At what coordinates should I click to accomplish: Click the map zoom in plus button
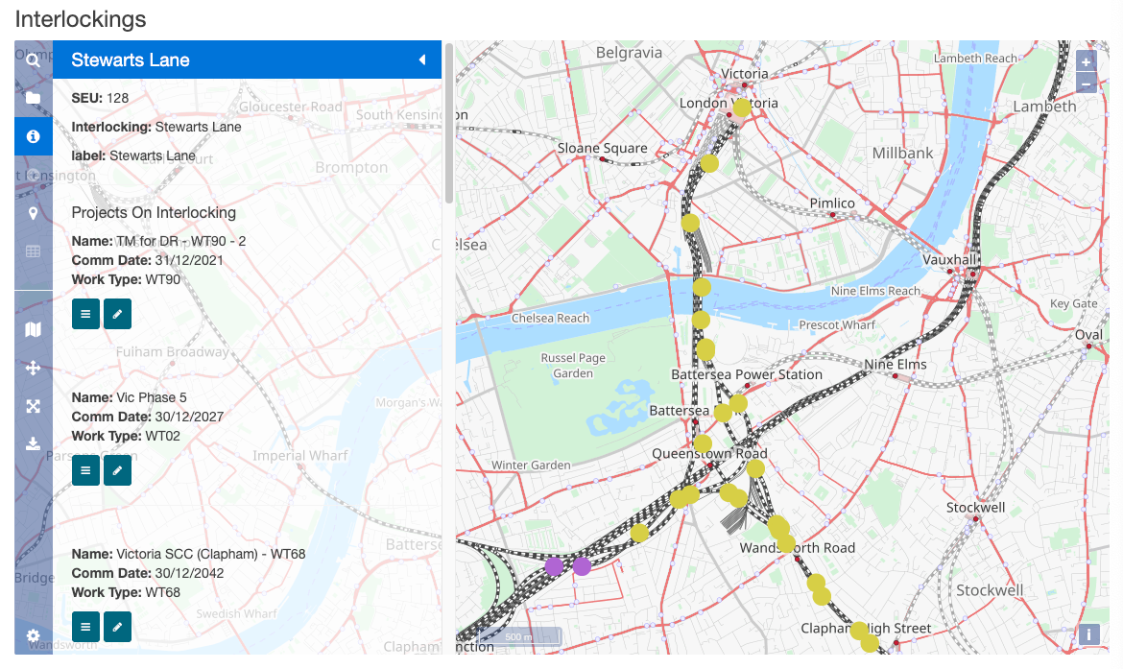point(1086,61)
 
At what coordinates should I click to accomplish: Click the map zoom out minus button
point(1086,83)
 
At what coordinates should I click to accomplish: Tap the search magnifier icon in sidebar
point(33,60)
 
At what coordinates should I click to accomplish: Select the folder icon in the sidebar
point(33,98)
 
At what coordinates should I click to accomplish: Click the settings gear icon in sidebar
point(33,635)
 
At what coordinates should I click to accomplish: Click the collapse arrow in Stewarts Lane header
point(421,60)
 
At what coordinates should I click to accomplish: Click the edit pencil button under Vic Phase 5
point(117,470)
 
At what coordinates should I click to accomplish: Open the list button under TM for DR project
point(85,314)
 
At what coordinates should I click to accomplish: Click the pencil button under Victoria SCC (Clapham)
point(117,627)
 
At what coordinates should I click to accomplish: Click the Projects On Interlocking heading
point(154,212)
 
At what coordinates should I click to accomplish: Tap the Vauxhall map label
point(948,259)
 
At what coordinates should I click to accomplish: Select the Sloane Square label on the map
point(603,148)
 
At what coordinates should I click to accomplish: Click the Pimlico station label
point(832,203)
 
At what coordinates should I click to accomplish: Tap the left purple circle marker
point(554,566)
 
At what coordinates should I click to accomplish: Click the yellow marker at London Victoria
point(741,108)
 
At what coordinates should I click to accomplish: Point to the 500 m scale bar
point(519,636)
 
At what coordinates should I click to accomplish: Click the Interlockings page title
point(81,18)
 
